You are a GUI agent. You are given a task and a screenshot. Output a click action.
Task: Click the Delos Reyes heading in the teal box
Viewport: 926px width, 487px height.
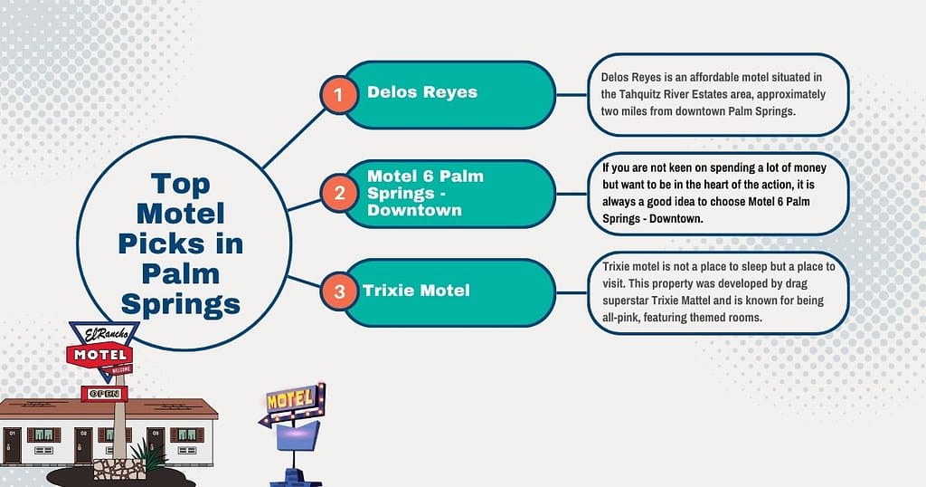pyautogui.click(x=421, y=91)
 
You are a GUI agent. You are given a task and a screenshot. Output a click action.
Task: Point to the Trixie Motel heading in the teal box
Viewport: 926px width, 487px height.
pyautogui.click(x=416, y=291)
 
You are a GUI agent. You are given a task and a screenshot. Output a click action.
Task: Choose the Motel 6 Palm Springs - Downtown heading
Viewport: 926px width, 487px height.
pyautogui.click(x=425, y=192)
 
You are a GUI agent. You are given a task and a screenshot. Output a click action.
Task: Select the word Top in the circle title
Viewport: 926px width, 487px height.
pyautogui.click(x=181, y=185)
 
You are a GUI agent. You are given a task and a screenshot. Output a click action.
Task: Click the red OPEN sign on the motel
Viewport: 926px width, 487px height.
pyautogui.click(x=104, y=394)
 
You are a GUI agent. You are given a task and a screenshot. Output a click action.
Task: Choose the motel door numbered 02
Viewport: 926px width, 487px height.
pyautogui.click(x=83, y=445)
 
